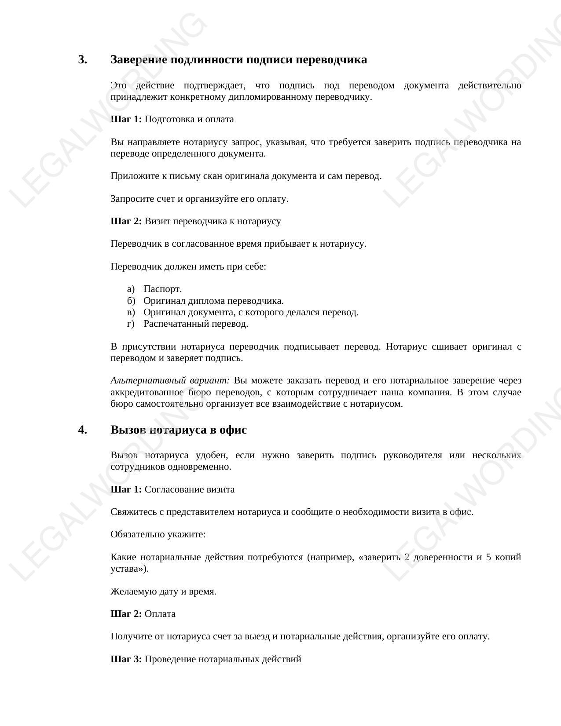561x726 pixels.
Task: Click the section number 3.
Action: tap(82, 60)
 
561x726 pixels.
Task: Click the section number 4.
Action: tap(82, 430)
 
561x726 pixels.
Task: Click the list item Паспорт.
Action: tap(162, 289)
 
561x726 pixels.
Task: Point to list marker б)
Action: tap(131, 301)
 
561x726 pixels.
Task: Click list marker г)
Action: tap(130, 324)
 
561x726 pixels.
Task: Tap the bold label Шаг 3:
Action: tap(126, 659)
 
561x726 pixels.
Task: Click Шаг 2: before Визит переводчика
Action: tap(126, 221)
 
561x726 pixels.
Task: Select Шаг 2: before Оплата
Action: tap(126, 614)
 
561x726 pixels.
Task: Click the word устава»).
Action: tap(129, 569)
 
